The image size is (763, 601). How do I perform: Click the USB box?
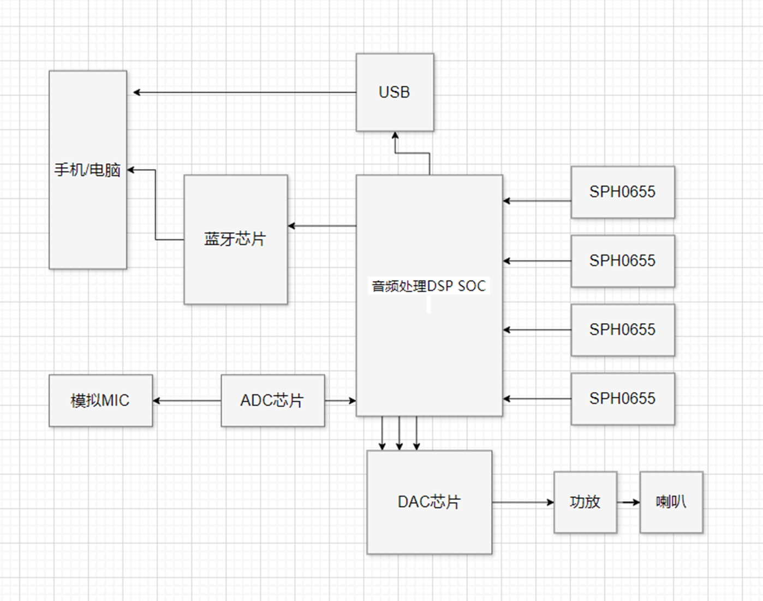click(x=395, y=92)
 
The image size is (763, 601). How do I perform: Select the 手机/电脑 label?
click(x=87, y=170)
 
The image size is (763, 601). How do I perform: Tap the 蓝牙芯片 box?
click(x=235, y=239)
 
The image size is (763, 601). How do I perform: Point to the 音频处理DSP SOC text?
click(x=428, y=286)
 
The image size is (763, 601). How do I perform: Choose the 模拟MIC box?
click(x=100, y=400)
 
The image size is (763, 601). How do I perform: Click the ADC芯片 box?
click(x=272, y=400)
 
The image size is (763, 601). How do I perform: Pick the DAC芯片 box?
click(x=429, y=502)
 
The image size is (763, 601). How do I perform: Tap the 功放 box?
click(x=585, y=502)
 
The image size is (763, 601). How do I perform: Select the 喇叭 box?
click(x=671, y=502)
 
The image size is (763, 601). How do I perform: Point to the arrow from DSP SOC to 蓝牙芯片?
click(x=322, y=225)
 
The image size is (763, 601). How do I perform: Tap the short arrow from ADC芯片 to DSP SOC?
click(x=340, y=401)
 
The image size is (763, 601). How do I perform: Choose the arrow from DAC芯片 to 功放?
click(x=523, y=502)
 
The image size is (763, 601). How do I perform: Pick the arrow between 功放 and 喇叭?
click(x=628, y=502)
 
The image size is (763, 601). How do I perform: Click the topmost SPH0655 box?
click(x=623, y=192)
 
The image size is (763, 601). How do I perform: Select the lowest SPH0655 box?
click(x=623, y=398)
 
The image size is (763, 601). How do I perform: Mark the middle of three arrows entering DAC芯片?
click(x=400, y=433)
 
